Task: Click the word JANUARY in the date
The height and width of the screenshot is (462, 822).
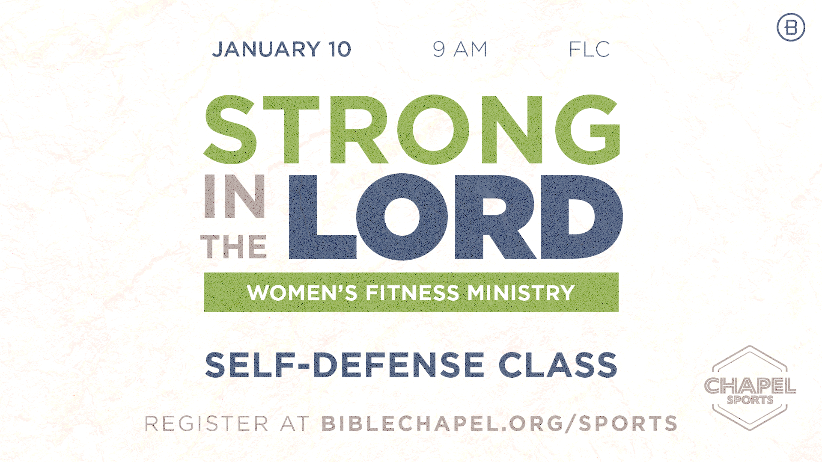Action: tap(266, 49)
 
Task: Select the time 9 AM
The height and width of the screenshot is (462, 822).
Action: tap(460, 49)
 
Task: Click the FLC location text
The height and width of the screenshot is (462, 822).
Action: tap(589, 49)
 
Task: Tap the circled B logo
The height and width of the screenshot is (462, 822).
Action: tap(791, 27)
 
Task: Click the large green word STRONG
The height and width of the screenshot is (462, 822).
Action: tap(412, 130)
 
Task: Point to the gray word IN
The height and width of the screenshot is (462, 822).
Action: tap(235, 196)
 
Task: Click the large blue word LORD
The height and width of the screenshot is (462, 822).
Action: tap(456, 217)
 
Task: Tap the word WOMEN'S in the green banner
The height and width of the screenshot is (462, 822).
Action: tap(302, 293)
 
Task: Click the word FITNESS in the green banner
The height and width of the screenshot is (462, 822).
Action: tap(412, 293)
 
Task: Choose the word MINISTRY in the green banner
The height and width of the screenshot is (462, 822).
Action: tap(521, 293)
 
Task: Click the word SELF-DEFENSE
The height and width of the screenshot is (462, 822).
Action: tap(345, 365)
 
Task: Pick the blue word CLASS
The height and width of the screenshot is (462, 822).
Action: tap(558, 365)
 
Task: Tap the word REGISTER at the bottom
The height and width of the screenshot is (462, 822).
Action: tap(206, 423)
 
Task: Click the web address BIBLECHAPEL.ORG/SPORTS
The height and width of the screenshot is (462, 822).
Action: tap(499, 423)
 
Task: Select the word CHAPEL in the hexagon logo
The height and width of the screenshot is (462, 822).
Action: tap(750, 386)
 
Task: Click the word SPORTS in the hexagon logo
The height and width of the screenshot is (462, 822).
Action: tap(750, 400)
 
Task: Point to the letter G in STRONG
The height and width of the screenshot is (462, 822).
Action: tap(588, 130)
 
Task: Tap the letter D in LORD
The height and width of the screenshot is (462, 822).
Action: tap(581, 217)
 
